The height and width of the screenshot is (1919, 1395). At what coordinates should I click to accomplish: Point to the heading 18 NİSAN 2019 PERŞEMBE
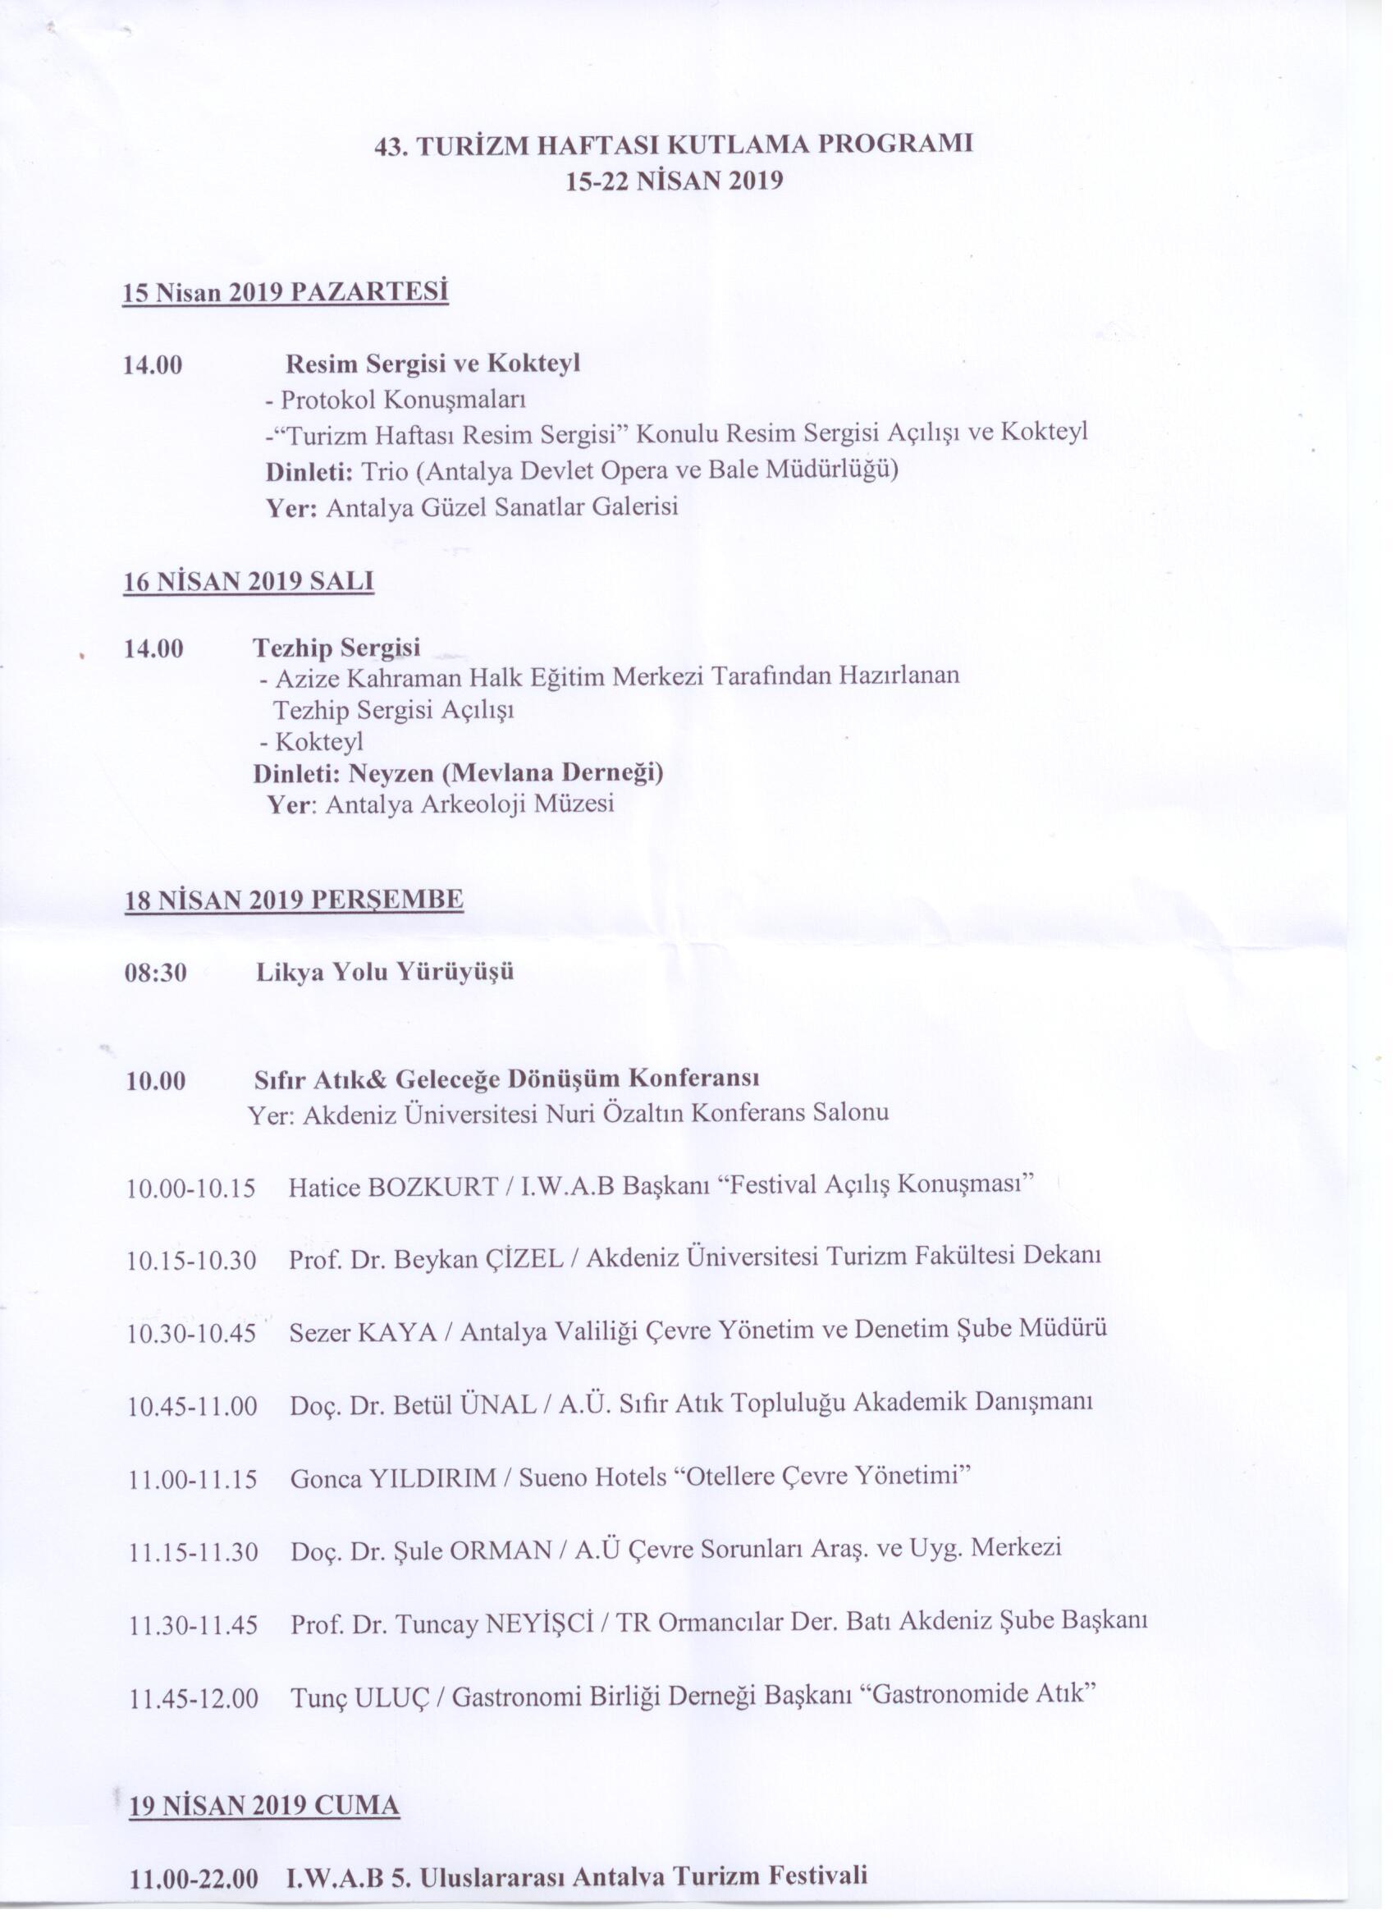tap(294, 900)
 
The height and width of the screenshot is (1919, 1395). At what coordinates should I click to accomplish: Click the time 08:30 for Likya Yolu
tap(156, 972)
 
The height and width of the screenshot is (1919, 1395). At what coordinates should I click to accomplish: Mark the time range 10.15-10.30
tap(192, 1261)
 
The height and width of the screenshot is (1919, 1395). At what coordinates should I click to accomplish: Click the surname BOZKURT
tap(433, 1186)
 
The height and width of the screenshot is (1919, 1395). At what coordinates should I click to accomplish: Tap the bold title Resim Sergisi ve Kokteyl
tap(433, 364)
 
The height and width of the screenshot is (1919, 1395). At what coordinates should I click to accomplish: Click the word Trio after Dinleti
tap(384, 469)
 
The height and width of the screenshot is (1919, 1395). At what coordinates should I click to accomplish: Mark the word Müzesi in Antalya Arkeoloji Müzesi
tap(574, 804)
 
